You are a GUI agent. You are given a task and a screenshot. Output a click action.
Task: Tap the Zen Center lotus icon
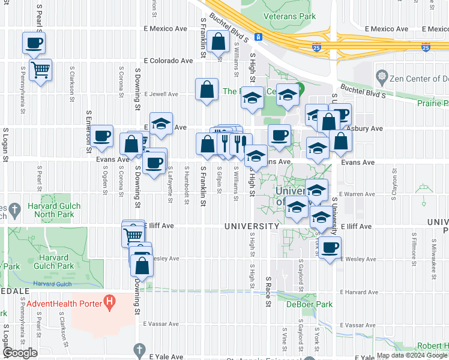(x=381, y=77)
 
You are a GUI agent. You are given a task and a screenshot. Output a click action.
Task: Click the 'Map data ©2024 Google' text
(x=411, y=355)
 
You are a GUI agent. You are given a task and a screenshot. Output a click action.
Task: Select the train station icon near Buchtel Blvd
(x=258, y=37)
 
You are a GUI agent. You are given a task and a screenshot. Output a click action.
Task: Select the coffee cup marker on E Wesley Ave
(x=329, y=247)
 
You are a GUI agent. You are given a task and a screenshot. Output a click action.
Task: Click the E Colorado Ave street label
(x=168, y=61)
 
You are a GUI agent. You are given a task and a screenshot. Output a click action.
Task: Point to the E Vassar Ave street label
(x=161, y=323)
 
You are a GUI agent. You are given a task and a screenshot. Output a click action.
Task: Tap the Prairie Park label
(x=433, y=103)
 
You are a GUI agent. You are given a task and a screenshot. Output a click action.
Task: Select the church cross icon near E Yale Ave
(x=139, y=349)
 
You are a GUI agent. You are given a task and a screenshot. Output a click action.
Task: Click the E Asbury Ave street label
(x=367, y=128)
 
